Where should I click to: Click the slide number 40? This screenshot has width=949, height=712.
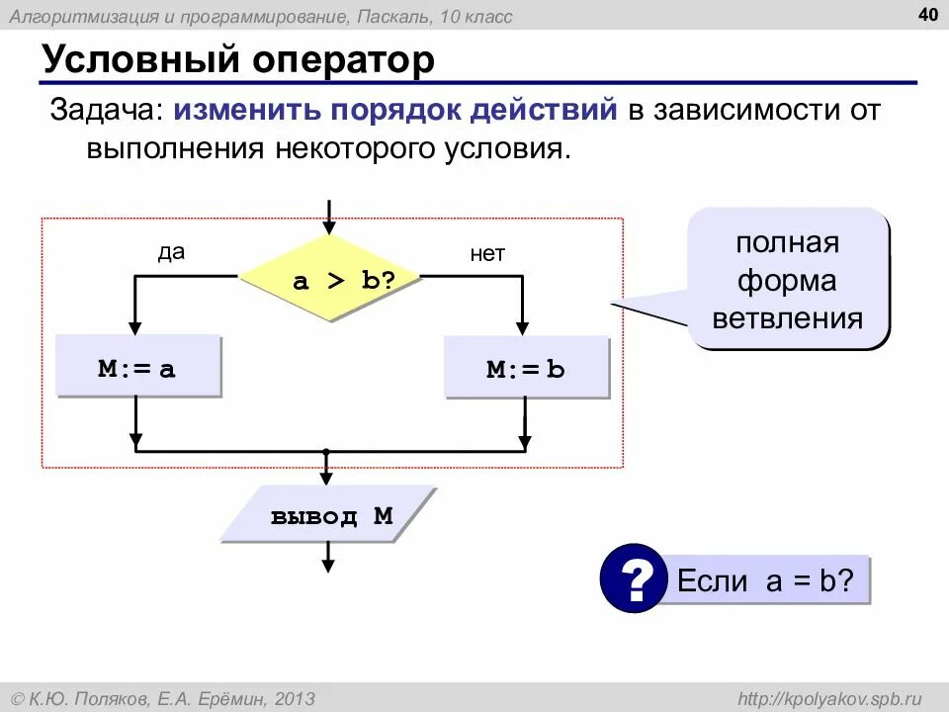928,14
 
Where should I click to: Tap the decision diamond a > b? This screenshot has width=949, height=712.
329,280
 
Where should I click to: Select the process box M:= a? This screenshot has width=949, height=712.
137,369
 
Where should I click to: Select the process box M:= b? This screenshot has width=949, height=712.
526,370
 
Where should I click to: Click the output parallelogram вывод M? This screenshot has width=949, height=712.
329,516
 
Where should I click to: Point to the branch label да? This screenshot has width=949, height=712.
171,252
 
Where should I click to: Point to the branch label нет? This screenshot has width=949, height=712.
487,254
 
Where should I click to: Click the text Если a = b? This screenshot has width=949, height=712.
764,580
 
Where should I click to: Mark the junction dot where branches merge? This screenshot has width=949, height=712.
326,451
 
